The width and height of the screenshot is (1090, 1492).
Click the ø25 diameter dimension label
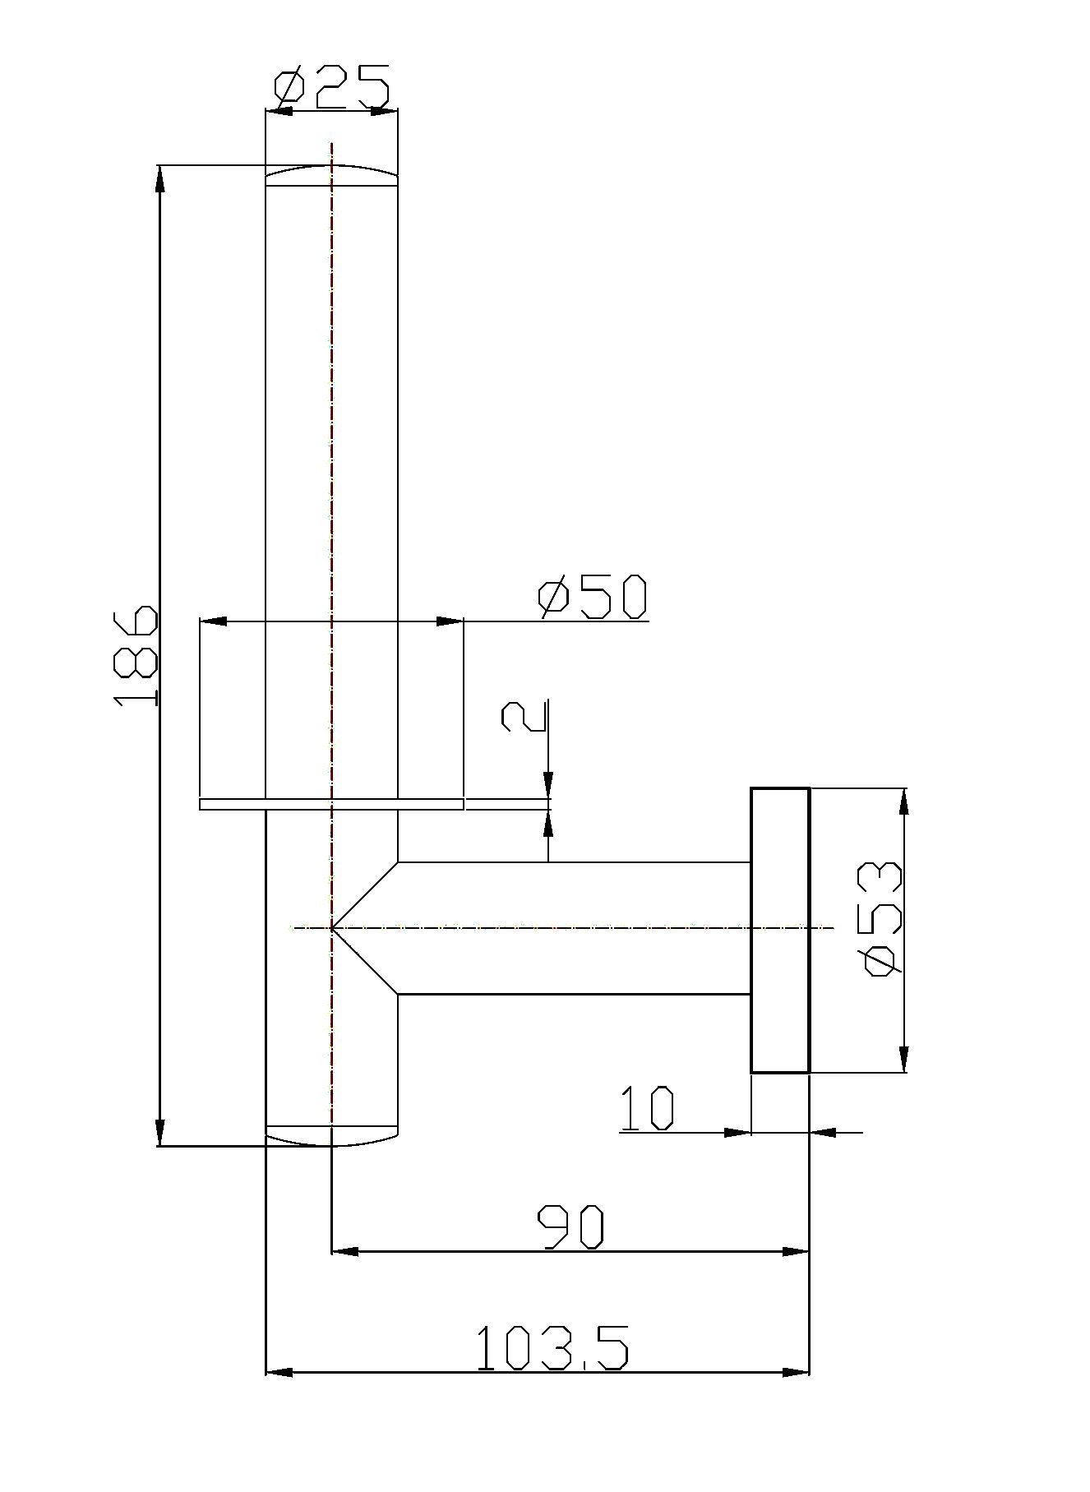tap(332, 88)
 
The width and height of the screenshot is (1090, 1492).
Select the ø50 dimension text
tap(593, 597)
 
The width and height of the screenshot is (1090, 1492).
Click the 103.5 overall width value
tap(552, 1347)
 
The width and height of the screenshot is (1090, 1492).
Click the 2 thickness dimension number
tap(524, 716)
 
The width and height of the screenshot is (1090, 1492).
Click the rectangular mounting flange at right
tap(780, 930)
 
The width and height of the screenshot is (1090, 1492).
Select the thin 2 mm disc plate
tap(332, 804)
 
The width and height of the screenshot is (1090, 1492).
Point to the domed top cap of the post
tap(331, 176)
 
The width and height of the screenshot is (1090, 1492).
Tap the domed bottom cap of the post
tap(331, 1134)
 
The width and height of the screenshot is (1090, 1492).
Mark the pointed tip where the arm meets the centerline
tap(331, 928)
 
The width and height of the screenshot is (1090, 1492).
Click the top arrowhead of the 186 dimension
tap(159, 179)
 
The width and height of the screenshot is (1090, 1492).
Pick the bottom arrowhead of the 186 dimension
tap(159, 1132)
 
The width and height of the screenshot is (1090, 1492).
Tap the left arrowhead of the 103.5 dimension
tap(279, 1372)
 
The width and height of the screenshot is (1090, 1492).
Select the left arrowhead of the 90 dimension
tap(345, 1251)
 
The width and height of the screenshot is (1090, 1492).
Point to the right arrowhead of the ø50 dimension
tap(450, 621)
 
